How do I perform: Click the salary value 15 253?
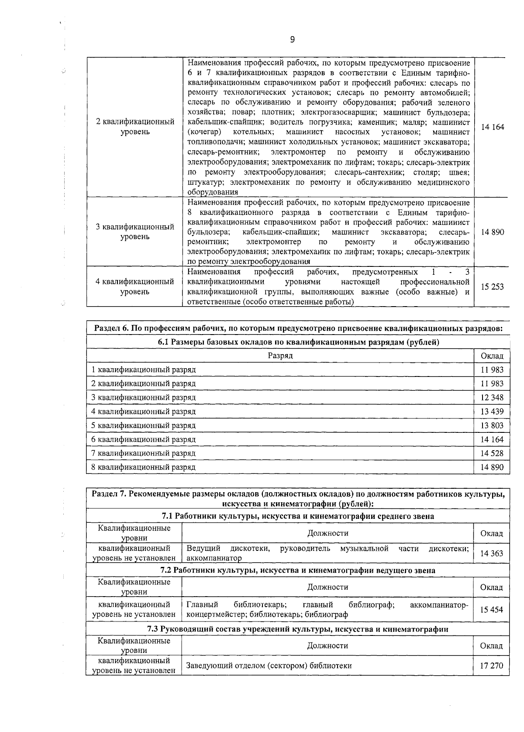click(492, 287)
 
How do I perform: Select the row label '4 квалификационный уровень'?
click(134, 287)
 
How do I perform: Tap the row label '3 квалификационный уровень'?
click(134, 232)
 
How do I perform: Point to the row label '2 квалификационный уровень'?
click(134, 127)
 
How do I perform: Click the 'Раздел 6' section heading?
click(298, 328)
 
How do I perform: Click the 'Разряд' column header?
click(280, 356)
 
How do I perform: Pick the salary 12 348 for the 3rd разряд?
click(492, 397)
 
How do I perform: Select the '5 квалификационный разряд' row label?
click(143, 425)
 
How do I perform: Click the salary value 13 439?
click(492, 411)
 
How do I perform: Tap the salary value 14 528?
click(492, 453)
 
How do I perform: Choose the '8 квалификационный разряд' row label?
click(143, 467)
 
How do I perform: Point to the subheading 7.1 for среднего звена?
click(298, 516)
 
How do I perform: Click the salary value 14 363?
click(492, 553)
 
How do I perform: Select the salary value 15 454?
click(492, 610)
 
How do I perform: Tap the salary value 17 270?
click(492, 666)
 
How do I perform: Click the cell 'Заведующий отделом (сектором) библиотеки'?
click(269, 666)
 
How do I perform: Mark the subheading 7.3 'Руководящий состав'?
click(298, 629)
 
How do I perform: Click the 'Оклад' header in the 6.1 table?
click(492, 356)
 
